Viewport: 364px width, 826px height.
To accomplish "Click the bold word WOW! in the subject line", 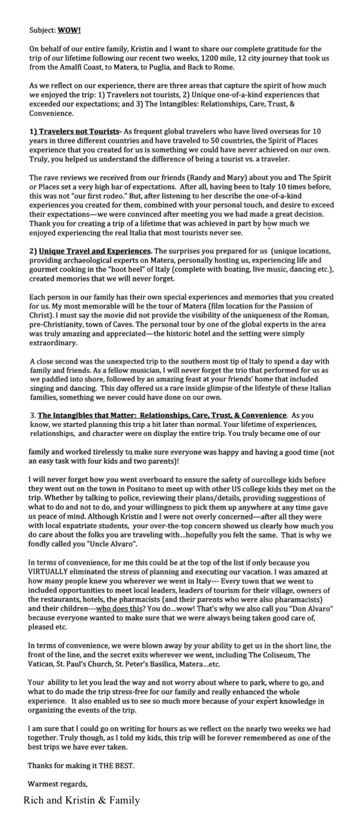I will (x=70, y=30).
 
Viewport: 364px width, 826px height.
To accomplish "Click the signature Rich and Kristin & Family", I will (x=81, y=800).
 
